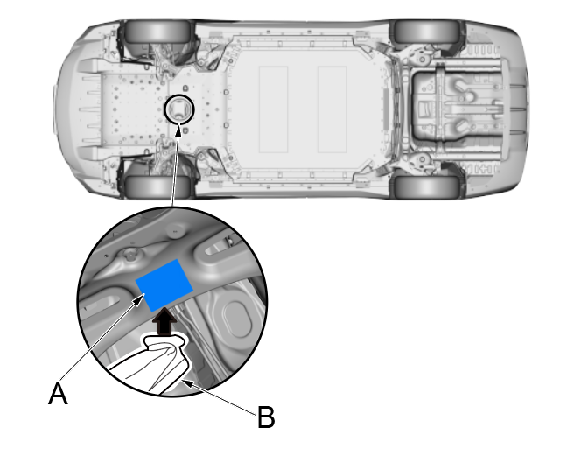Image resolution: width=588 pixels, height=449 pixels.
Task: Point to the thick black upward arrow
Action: point(164,325)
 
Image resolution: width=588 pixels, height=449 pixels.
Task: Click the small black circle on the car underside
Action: point(179,109)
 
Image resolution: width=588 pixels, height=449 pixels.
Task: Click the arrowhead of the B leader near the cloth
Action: point(186,382)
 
